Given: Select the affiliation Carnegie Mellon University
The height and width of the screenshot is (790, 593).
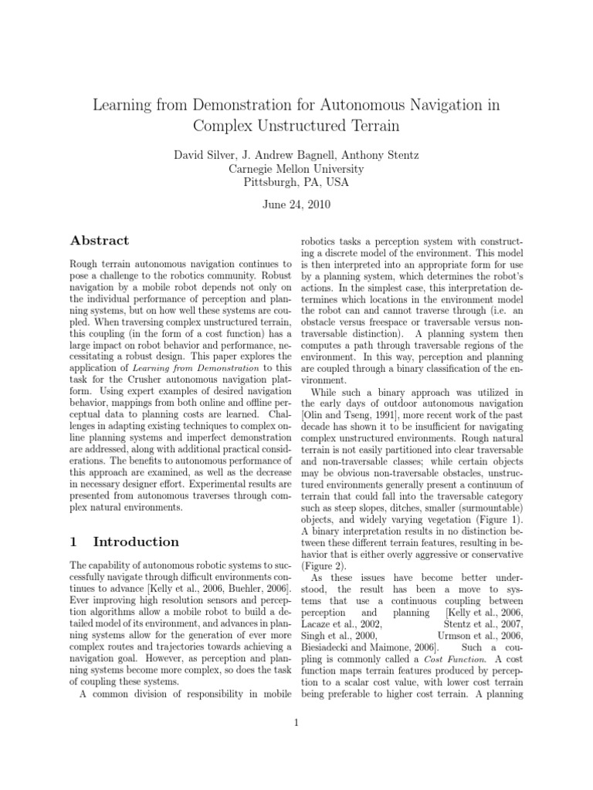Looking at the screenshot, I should pos(296,169).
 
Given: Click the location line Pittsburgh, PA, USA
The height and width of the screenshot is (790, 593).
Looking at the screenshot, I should pos(296,183).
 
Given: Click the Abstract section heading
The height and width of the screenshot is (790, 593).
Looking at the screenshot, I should pos(100,241).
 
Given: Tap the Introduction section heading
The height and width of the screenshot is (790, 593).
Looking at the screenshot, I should pos(135,542).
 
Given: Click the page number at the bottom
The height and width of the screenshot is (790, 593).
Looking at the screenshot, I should pos(296,722).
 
